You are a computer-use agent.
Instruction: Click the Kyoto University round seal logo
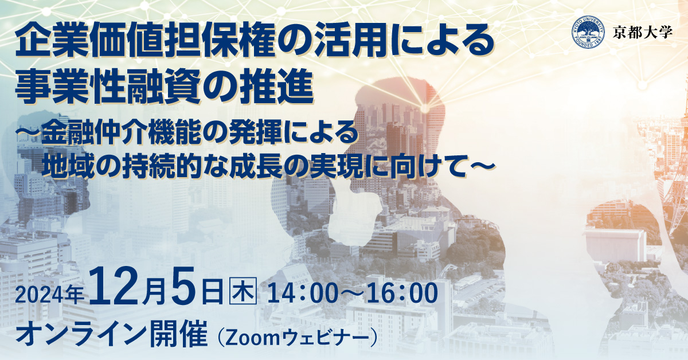pyautogui.click(x=588, y=32)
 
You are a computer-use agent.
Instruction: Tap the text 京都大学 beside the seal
pyautogui.click(x=643, y=32)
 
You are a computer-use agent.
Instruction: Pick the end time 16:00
pyautogui.click(x=402, y=293)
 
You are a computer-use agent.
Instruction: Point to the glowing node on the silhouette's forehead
pyautogui.click(x=424, y=108)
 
